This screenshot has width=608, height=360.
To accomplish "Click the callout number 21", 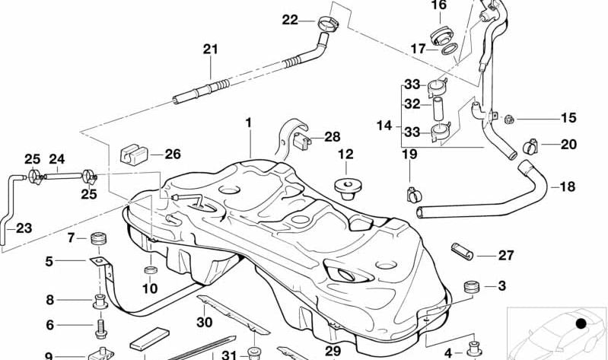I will (x=210, y=49).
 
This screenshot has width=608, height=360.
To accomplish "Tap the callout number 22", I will (x=290, y=20).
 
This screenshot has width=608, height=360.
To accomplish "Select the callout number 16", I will (x=439, y=6).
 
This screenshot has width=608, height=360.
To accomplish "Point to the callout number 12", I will (x=345, y=155).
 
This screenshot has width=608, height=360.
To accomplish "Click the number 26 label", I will (x=173, y=155).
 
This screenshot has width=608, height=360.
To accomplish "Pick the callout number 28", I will (x=333, y=137).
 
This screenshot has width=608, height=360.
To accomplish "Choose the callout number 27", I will (x=506, y=256).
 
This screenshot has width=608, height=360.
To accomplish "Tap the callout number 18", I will (x=568, y=186).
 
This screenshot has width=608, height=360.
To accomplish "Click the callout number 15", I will (x=568, y=118).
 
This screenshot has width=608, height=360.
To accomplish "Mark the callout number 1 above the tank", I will (x=247, y=122).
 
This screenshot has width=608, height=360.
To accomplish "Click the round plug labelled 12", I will (x=346, y=185).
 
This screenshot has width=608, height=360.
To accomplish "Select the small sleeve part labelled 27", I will (x=464, y=250).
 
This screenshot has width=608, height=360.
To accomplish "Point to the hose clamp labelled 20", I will (x=532, y=144).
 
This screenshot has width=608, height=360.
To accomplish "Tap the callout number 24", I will (x=58, y=160).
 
